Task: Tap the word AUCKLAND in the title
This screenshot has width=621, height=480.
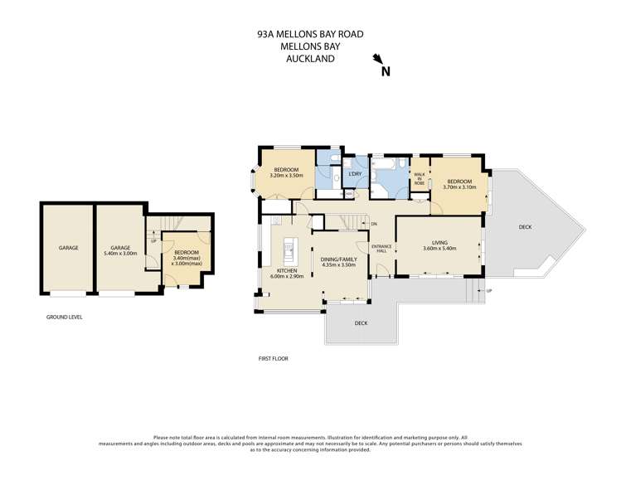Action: [310, 60]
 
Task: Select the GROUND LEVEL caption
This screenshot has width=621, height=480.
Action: [64, 317]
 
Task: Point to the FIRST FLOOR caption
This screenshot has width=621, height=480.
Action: [273, 358]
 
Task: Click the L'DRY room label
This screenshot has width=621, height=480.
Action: [355, 173]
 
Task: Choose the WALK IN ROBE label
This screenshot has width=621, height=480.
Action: [420, 177]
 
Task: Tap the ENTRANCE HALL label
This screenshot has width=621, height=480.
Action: [381, 249]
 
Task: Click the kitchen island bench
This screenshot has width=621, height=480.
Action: [290, 249]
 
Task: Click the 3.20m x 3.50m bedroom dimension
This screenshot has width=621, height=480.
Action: [287, 176]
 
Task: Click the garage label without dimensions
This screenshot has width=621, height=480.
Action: [68, 247]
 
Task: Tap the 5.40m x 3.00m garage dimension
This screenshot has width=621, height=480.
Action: [122, 254]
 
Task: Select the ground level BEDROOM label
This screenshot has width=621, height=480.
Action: [187, 252]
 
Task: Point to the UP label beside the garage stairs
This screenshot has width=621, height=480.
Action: [153, 241]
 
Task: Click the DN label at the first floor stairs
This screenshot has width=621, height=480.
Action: [374, 224]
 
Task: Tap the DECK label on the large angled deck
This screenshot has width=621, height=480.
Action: [525, 226]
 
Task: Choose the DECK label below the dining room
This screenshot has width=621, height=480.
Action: [360, 323]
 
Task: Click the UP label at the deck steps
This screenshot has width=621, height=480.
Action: [489, 291]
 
